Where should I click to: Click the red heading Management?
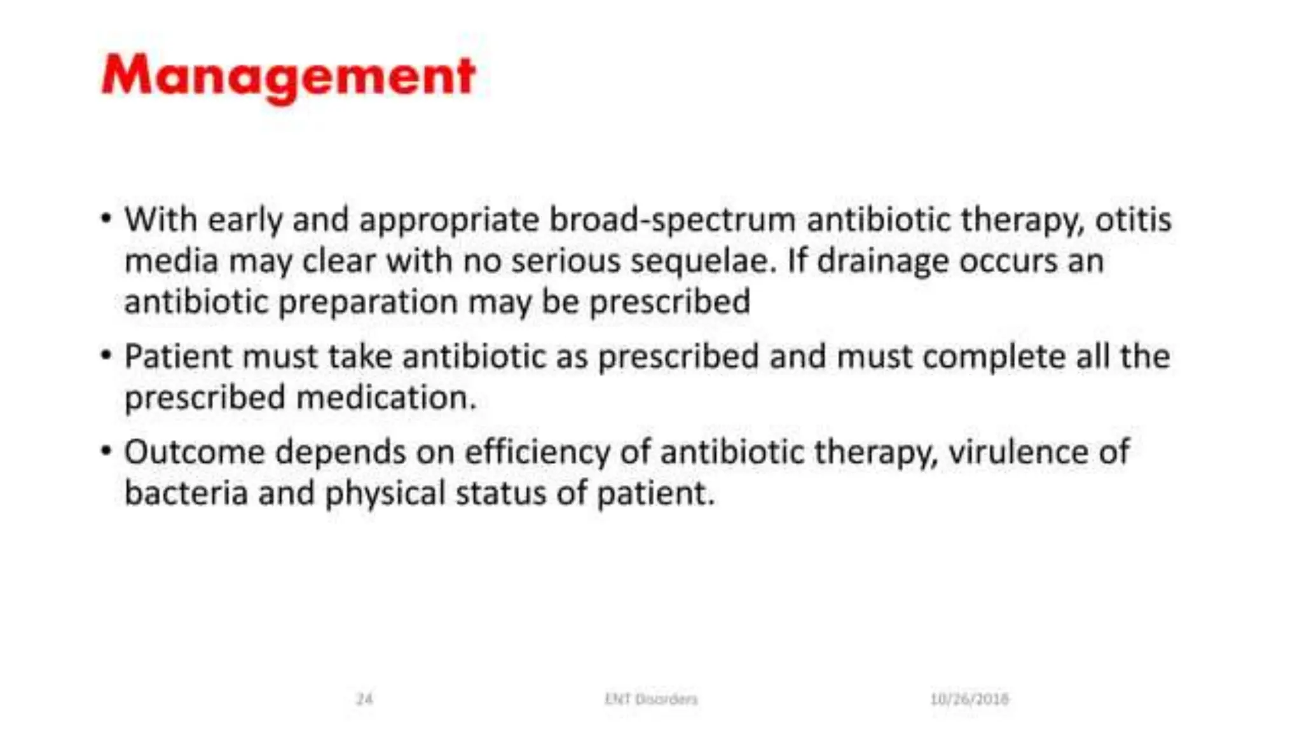pyautogui.click(x=288, y=76)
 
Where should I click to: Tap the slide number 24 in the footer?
pyautogui.click(x=364, y=699)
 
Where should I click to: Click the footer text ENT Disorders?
pyautogui.click(x=650, y=699)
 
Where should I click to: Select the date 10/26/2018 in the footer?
pyautogui.click(x=969, y=699)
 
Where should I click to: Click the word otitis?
pyautogui.click(x=1133, y=219)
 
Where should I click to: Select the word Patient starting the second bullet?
pyautogui.click(x=179, y=356)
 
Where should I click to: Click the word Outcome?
pyautogui.click(x=194, y=452)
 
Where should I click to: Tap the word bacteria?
pyautogui.click(x=186, y=493)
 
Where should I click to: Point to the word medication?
pyautogui.click(x=386, y=398)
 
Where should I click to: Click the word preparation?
pyautogui.click(x=368, y=302)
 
